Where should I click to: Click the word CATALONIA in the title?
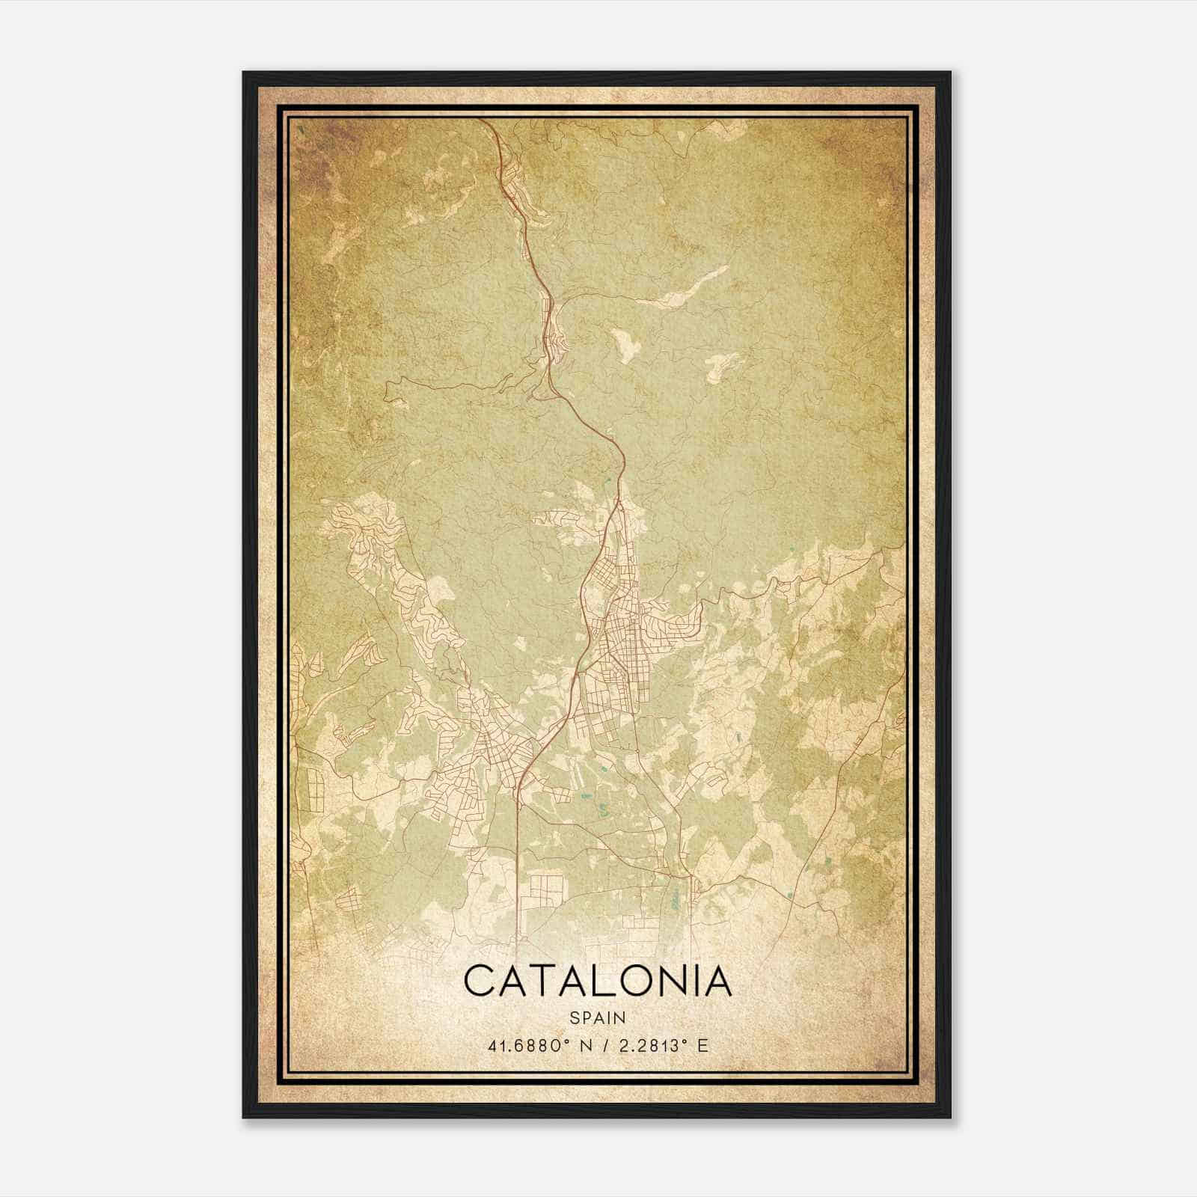598,981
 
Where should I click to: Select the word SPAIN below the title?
598,1017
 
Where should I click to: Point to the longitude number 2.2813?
649,1046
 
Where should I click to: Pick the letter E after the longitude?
702,1046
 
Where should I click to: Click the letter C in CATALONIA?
480,981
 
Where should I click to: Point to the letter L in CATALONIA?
618,981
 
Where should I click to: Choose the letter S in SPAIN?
574,1017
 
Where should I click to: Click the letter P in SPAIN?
586,1017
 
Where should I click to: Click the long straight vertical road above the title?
518,860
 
